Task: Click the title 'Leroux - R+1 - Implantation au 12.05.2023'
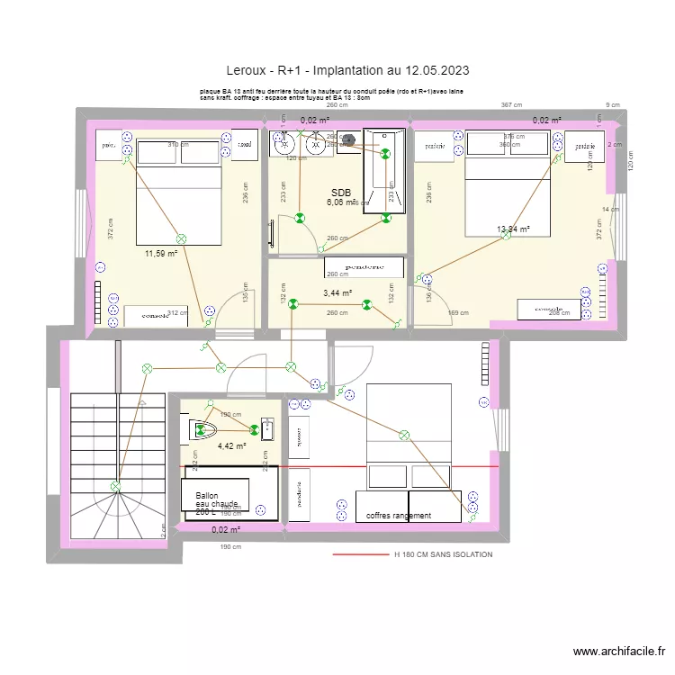pyautogui.click(x=347, y=69)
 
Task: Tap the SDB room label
pyautogui.click(x=340, y=193)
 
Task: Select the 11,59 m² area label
pyautogui.click(x=160, y=254)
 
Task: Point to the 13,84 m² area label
pyautogui.click(x=514, y=229)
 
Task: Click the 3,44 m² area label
pyautogui.click(x=337, y=293)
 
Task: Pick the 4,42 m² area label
pyautogui.click(x=231, y=445)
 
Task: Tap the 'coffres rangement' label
pyautogui.click(x=399, y=516)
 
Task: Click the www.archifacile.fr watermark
pyautogui.click(x=620, y=652)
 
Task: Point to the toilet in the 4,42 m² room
pyautogui.click(x=203, y=430)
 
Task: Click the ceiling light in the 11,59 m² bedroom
pyautogui.click(x=181, y=238)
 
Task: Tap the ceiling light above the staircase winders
pyautogui.click(x=115, y=487)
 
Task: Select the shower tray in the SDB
pyautogui.click(x=385, y=176)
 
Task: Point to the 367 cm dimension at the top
pyautogui.click(x=510, y=105)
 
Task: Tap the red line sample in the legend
pyautogui.click(x=360, y=555)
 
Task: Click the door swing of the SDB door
pyautogui.click(x=292, y=236)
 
